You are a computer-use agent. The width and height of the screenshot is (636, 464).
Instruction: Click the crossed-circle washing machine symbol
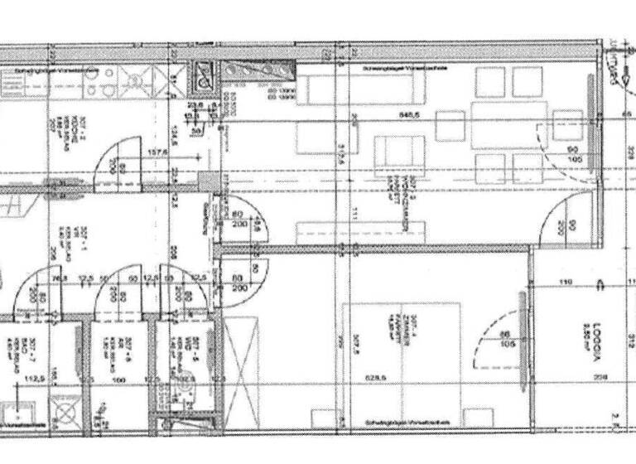63,408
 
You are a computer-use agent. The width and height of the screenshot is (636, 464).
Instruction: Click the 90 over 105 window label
571,155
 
